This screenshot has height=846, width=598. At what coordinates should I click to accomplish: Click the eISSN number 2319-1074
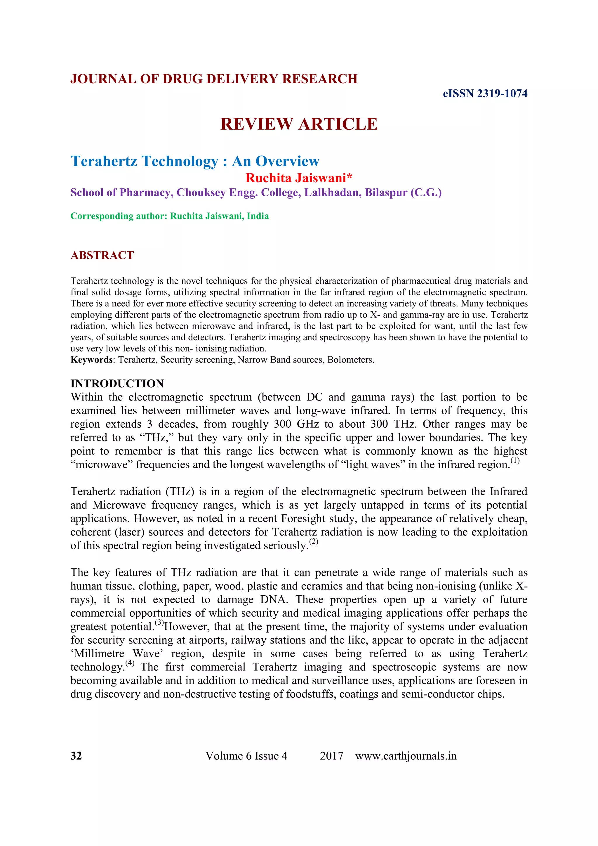click(x=502, y=93)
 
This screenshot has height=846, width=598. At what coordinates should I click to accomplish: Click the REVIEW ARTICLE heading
click(x=299, y=124)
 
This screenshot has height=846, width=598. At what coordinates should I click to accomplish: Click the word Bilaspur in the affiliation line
click(x=386, y=193)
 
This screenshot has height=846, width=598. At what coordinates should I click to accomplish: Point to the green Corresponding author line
click(x=169, y=216)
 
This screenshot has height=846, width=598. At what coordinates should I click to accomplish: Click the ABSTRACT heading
click(x=102, y=255)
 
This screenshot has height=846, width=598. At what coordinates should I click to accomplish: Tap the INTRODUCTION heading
click(x=117, y=384)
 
